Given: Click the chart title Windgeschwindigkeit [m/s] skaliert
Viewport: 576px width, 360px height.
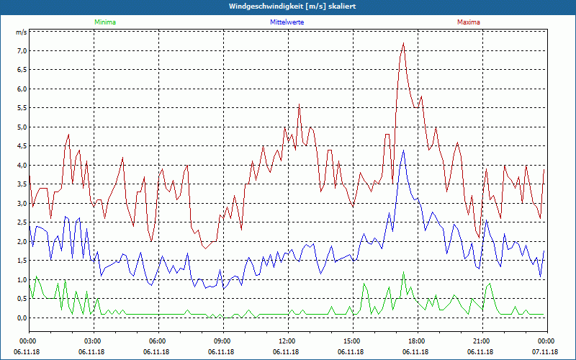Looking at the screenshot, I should pyautogui.click(x=288, y=6).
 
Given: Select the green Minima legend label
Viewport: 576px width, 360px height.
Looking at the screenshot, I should pyautogui.click(x=104, y=22).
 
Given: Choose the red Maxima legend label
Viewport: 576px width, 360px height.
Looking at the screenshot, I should pyautogui.click(x=468, y=22).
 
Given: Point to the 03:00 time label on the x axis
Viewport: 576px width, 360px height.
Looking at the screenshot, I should pyautogui.click(x=93, y=341).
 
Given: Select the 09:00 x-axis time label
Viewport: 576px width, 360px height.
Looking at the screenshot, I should pyautogui.click(x=222, y=341).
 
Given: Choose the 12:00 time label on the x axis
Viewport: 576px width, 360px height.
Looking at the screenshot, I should pyautogui.click(x=287, y=341).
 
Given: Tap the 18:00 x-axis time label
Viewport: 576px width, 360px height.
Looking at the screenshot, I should pyautogui.click(x=416, y=341).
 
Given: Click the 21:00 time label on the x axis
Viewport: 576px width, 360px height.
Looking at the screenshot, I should pyautogui.click(x=481, y=341).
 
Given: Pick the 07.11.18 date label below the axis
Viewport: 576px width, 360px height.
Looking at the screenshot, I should pyautogui.click(x=546, y=351).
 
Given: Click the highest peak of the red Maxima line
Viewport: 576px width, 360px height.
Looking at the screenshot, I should pyautogui.click(x=404, y=43).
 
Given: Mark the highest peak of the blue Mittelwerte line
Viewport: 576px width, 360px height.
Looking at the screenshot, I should pyautogui.click(x=404, y=150).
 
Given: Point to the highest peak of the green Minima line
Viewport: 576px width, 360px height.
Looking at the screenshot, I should pyautogui.click(x=404, y=272).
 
